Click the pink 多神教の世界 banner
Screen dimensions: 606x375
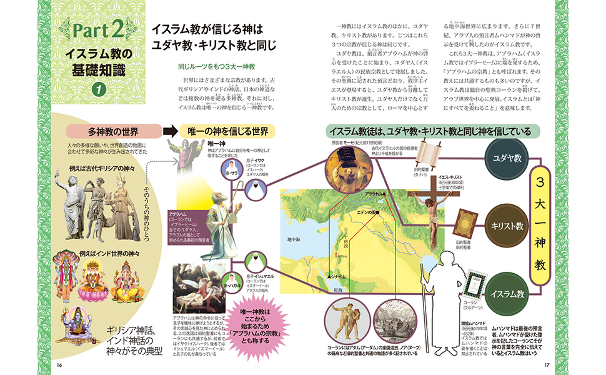(x=113, y=132)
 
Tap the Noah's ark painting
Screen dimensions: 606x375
(x=390, y=323)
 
